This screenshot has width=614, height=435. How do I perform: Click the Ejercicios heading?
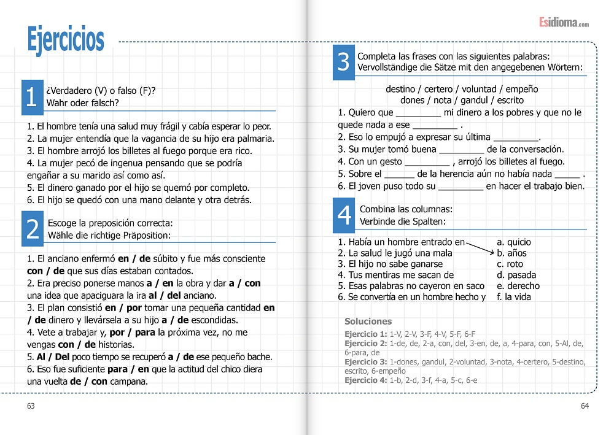point(66,39)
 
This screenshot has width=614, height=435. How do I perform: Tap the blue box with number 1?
point(32,97)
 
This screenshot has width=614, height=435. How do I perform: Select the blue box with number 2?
point(32,228)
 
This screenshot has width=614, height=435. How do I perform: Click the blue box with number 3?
point(343,62)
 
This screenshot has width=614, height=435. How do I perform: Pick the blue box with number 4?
point(344,215)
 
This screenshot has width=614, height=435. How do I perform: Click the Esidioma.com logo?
point(564,23)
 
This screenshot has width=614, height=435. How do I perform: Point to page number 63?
point(31,406)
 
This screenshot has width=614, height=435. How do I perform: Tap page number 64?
point(585,406)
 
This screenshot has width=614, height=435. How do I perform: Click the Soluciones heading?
point(368,321)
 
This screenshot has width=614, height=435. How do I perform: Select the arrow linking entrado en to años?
point(480,247)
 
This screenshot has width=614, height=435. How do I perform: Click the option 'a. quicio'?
point(514,242)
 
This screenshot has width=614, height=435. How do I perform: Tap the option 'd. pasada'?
point(516,275)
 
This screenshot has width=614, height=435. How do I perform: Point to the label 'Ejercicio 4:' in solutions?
point(365,380)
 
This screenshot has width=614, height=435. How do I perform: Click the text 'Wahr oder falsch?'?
point(82,102)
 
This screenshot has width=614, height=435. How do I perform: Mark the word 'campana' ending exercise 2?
point(129,381)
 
